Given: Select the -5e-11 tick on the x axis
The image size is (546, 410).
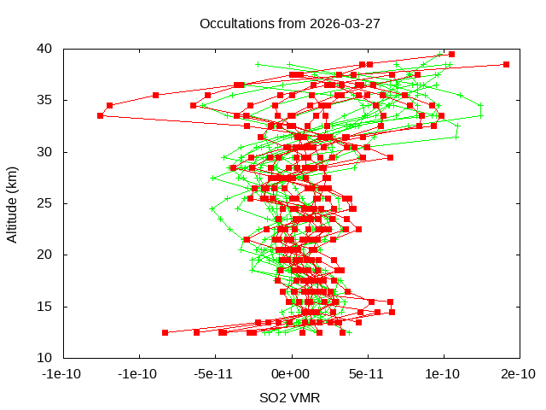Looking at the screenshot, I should coord(214,373).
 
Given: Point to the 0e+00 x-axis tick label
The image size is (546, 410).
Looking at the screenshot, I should coord(290,373).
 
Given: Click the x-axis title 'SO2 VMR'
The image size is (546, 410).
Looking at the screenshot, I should coord(290,397).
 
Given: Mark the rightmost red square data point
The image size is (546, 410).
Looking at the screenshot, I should coord(506,64).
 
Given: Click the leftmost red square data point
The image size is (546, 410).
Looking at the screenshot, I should coord(101,115).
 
